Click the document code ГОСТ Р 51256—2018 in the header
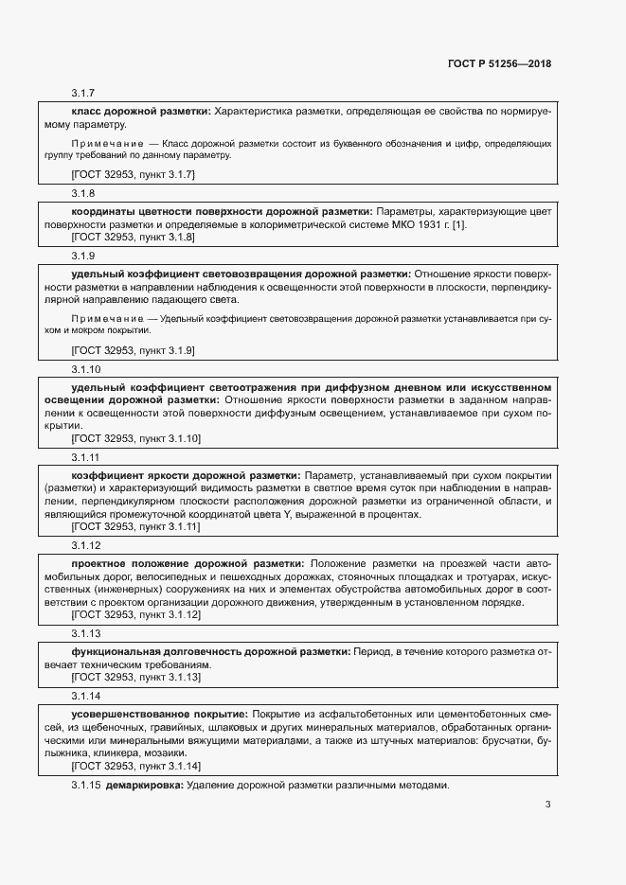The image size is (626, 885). (x=499, y=64)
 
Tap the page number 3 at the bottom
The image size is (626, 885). (x=547, y=805)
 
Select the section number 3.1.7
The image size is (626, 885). (x=83, y=94)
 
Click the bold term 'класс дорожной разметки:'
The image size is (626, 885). (x=141, y=111)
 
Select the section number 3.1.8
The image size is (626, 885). (x=83, y=193)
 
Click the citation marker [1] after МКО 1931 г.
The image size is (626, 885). (x=459, y=224)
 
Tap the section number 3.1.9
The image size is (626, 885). (x=83, y=256)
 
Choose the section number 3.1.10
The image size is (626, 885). (x=86, y=368)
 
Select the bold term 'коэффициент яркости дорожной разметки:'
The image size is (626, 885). (x=186, y=475)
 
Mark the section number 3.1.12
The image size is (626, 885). (x=86, y=545)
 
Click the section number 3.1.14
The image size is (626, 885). (x=86, y=696)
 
